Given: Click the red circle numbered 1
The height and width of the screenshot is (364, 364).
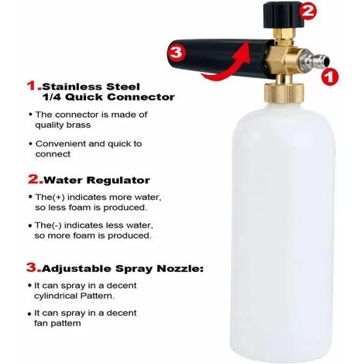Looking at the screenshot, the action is point(330,77).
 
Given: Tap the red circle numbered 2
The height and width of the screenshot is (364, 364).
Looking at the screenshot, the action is point(307,11).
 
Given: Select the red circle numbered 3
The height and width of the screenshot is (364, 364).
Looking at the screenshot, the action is point(176,53).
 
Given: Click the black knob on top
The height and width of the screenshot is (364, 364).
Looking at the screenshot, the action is point(282,15).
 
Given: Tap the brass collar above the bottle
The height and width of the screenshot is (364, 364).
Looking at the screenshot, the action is point(283,94).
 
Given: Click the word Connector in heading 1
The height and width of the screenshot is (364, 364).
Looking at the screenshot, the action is point(141,98).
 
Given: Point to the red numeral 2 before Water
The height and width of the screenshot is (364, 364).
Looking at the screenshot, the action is point(34,180).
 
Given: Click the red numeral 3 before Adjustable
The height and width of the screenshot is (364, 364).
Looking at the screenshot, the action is point(33,267).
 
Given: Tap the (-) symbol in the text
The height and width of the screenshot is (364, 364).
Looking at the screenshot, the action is point(57,225).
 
